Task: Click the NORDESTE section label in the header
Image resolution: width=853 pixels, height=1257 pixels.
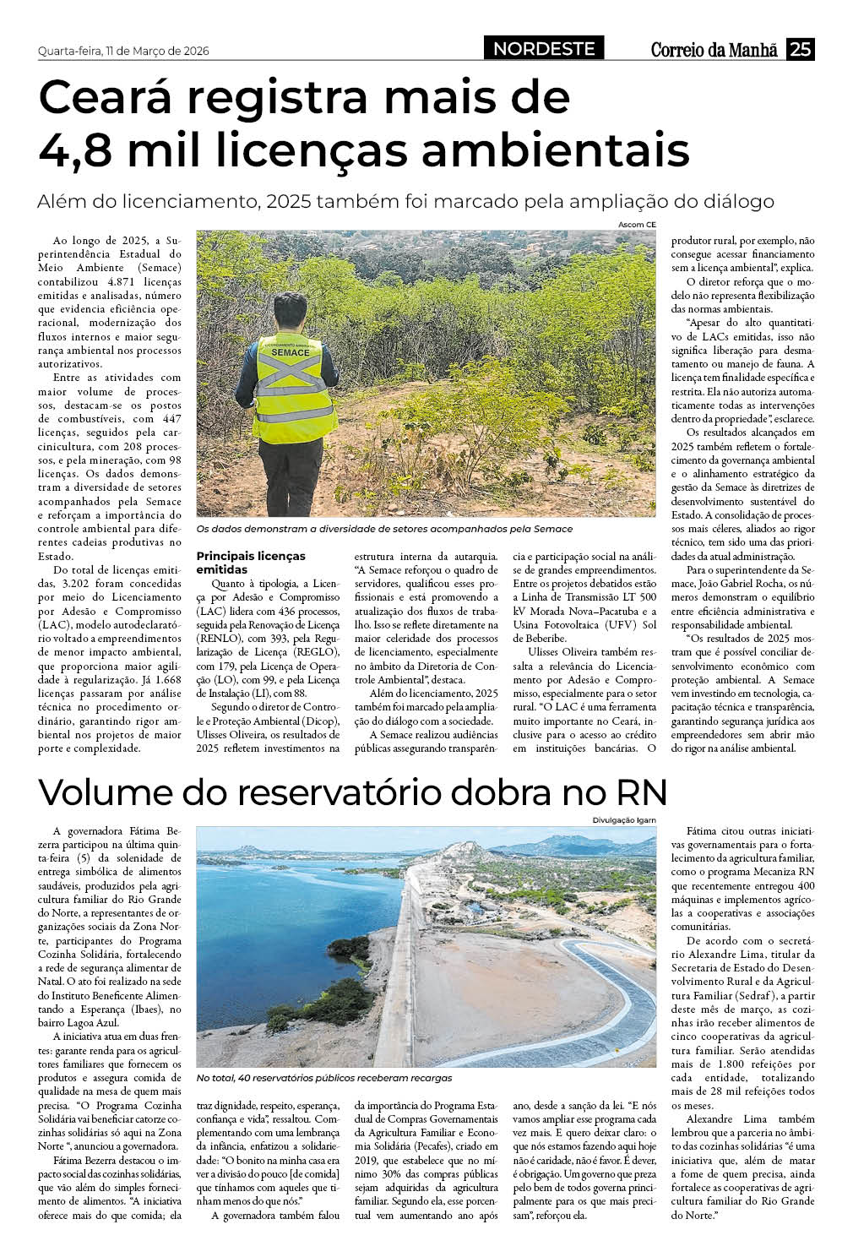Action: (x=544, y=49)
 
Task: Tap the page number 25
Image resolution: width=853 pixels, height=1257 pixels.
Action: (x=800, y=50)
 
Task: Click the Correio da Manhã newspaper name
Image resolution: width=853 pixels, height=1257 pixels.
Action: (x=714, y=50)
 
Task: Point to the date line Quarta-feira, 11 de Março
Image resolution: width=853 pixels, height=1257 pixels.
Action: (x=123, y=51)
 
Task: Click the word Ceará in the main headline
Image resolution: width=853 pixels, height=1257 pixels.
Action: (x=114, y=97)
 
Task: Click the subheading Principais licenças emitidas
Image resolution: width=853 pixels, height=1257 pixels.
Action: (x=251, y=563)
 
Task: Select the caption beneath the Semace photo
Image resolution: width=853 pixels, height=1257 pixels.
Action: (x=384, y=529)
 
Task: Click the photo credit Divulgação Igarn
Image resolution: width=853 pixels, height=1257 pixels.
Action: (x=623, y=820)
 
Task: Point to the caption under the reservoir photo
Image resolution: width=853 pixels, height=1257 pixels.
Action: (x=324, y=1078)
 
